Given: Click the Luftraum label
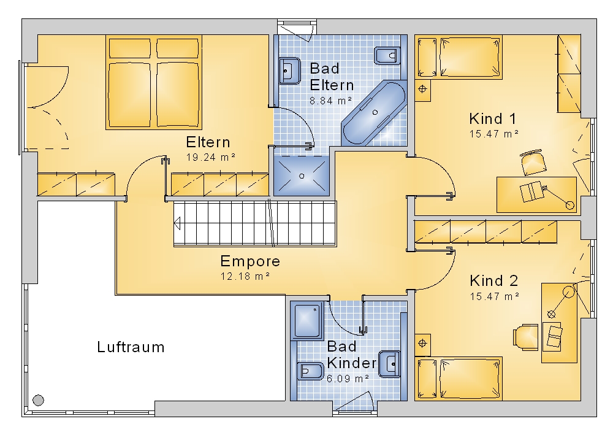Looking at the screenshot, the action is [131, 347].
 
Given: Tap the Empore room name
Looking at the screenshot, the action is [250, 261].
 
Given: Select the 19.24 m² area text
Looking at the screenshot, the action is [211, 157].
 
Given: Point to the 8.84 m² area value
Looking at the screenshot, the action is [331, 101].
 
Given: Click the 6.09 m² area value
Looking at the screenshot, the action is [348, 379].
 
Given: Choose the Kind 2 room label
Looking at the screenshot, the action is [493, 280].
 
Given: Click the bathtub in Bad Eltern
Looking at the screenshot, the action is [374, 113].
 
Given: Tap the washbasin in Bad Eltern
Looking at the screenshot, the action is [289, 71].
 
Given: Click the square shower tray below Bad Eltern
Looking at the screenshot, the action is [302, 176].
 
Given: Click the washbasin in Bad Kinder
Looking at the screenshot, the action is [389, 364].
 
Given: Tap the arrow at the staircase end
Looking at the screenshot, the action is [177, 224].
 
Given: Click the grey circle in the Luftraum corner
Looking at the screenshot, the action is [38, 400].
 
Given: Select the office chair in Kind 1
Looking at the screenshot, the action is [533, 163].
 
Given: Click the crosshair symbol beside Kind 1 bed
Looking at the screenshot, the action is [422, 89].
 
